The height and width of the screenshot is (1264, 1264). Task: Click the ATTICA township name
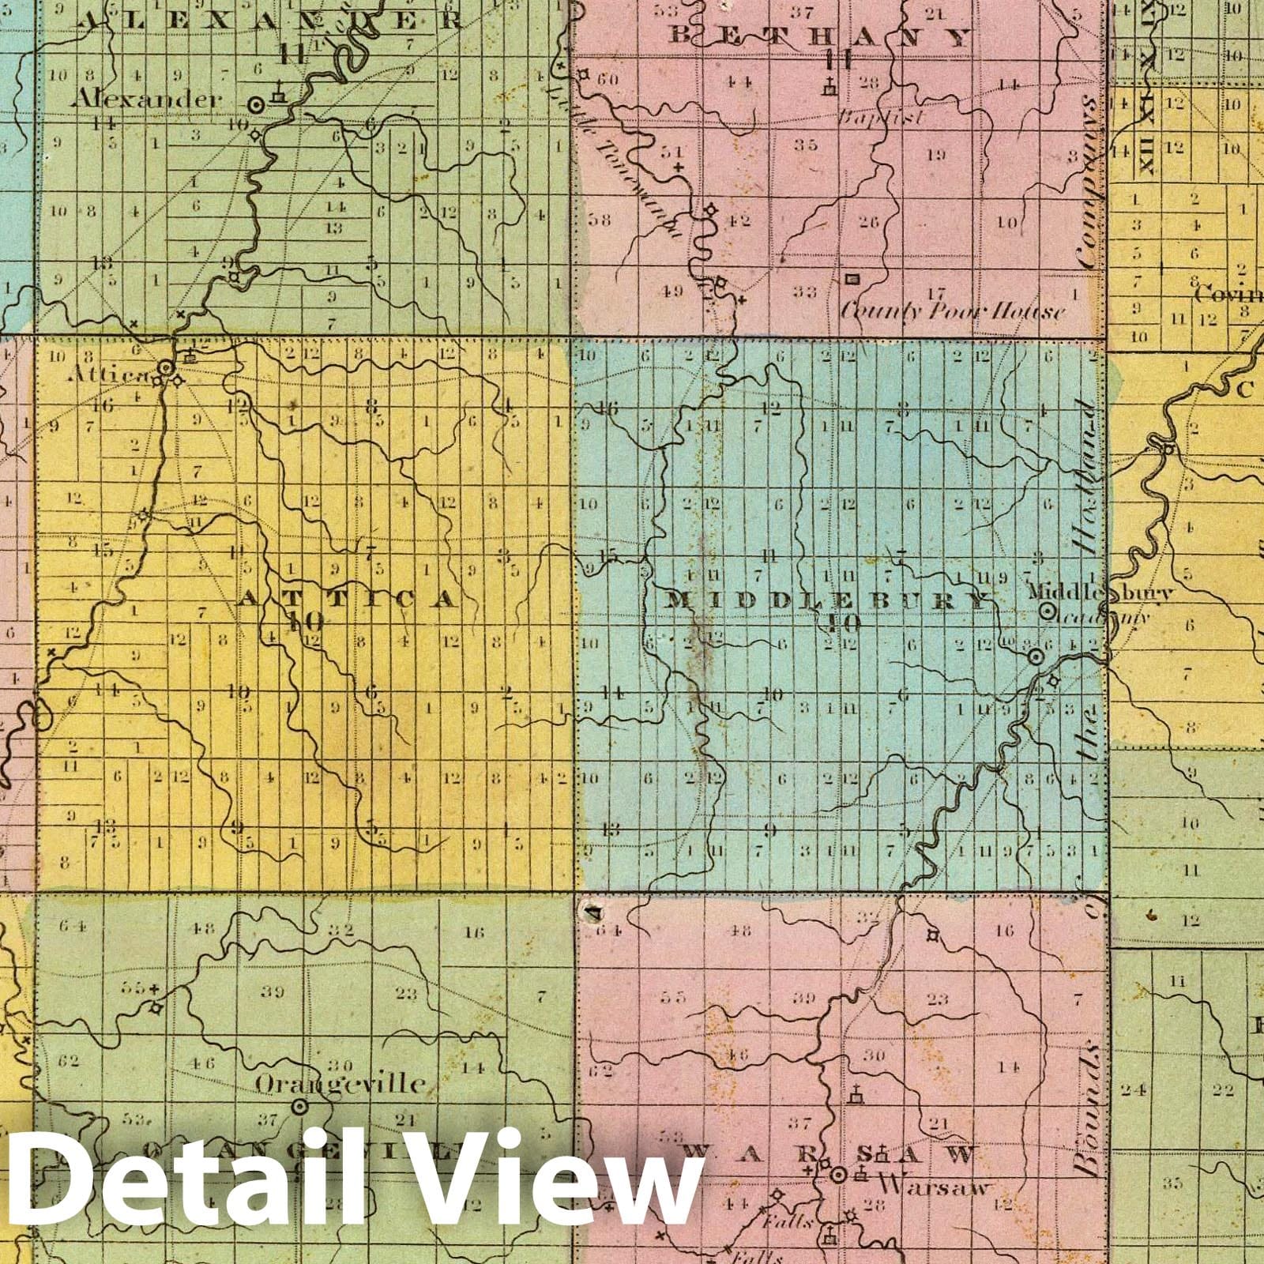click(x=348, y=599)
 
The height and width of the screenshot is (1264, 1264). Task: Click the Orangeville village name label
click(x=340, y=1083)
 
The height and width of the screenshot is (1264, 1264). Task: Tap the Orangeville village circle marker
click(x=299, y=1107)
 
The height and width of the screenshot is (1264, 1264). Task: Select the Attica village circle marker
click(x=166, y=368)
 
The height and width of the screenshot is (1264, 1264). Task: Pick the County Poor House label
click(x=952, y=311)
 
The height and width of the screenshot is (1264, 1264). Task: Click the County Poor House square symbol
click(x=852, y=279)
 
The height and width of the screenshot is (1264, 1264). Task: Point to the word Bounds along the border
click(x=1091, y=1106)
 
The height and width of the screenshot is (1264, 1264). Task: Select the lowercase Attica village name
click(x=116, y=375)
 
